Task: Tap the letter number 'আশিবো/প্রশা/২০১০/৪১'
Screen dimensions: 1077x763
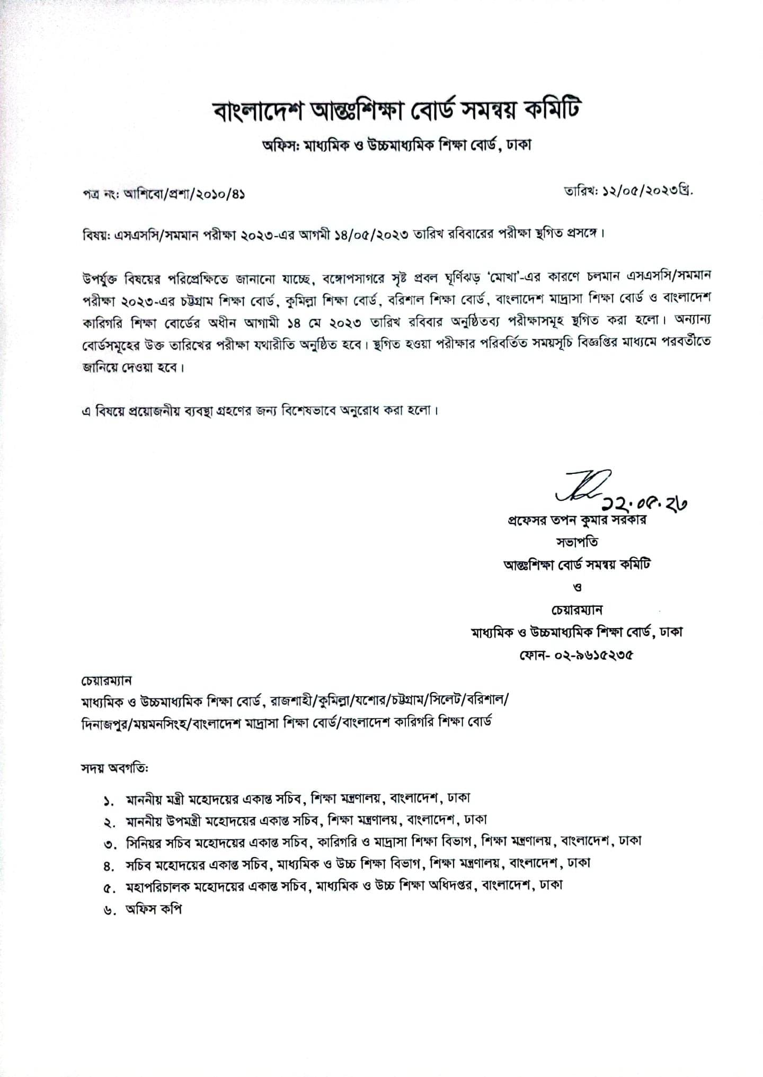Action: click(x=183, y=194)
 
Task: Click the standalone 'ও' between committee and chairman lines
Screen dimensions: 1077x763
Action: click(x=578, y=587)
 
